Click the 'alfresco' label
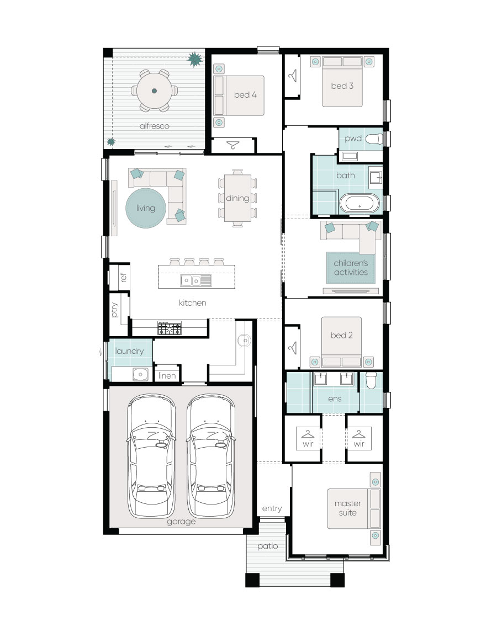(154, 126)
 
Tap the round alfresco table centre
(154, 91)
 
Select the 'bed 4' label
(245, 95)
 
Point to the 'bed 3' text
(342, 86)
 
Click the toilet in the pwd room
(374, 139)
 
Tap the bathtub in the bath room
(359, 203)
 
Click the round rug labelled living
(146, 208)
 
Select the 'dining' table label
(237, 198)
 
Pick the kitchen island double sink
(196, 280)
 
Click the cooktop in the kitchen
(170, 328)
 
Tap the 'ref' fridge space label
(124, 277)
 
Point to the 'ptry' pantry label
(114, 310)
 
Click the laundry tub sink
(140, 374)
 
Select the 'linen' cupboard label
(167, 376)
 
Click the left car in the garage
(151, 456)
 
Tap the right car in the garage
(210, 456)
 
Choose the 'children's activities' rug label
(351, 268)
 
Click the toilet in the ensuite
(371, 380)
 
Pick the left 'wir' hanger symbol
(308, 434)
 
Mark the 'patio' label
(268, 546)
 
